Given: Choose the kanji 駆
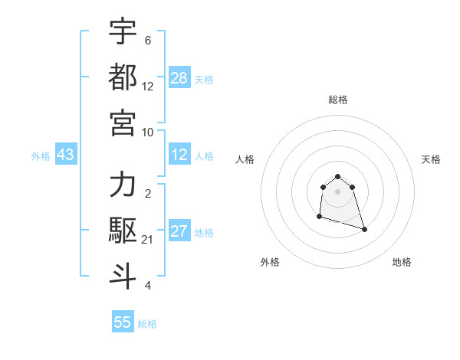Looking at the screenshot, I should click(x=123, y=230).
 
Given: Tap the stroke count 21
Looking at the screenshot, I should click(x=148, y=240).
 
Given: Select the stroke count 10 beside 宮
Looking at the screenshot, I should click(x=148, y=132).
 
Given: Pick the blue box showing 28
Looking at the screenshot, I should click(x=179, y=78).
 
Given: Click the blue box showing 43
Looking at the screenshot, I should click(x=66, y=155).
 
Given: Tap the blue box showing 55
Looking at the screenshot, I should click(x=123, y=322).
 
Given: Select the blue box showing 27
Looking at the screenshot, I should click(x=179, y=232).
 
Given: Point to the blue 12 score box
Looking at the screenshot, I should click(x=179, y=155).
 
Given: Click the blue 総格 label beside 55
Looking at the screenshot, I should click(x=147, y=324).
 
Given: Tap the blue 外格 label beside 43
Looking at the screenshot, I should click(x=41, y=156).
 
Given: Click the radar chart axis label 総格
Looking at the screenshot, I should click(x=337, y=100).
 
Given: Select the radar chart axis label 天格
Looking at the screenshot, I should click(x=431, y=159).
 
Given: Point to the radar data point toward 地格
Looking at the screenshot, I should click(x=364, y=229).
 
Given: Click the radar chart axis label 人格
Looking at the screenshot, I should click(x=245, y=159).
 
